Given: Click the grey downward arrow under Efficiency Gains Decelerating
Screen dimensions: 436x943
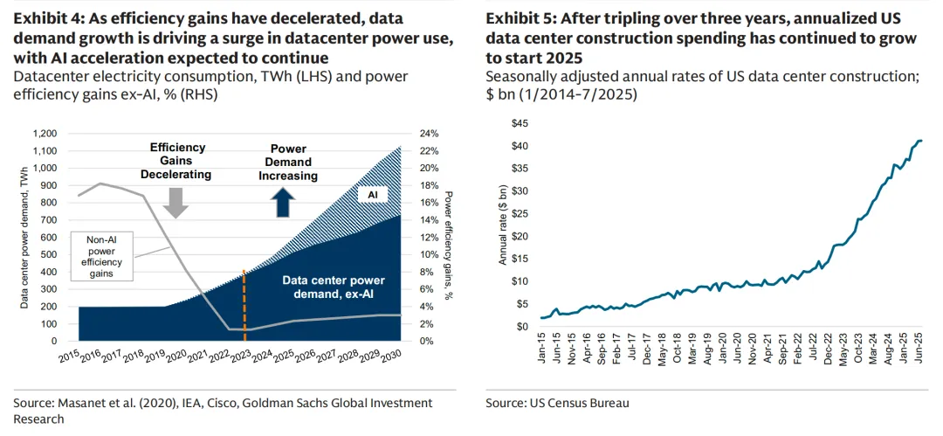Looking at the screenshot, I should coord(176,202).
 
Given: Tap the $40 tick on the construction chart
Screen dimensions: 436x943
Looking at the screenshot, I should coord(520,145).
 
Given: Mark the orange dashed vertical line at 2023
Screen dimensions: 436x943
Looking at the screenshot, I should coord(244,306).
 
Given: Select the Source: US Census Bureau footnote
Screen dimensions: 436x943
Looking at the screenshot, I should coord(557,403).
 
